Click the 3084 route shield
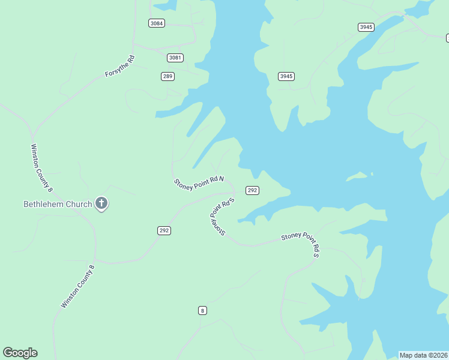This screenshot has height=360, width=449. point(157,23)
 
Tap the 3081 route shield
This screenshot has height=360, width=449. point(175,58)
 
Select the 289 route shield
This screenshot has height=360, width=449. point(167,76)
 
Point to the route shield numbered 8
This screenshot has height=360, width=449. point(203,310)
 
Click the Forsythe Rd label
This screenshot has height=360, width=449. point(120,66)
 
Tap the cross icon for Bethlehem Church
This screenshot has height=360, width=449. point(101,204)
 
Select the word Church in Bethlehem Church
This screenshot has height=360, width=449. point(79,204)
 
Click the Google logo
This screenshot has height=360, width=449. point(20,353)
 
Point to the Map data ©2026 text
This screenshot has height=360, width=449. point(424,355)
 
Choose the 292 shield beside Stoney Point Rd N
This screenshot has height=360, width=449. point(252,190)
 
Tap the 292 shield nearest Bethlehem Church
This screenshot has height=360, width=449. point(164,230)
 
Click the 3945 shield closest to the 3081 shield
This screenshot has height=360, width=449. point(286,76)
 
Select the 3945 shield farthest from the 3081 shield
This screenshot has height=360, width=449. point(366,27)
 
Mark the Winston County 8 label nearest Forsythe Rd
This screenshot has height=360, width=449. point(42,167)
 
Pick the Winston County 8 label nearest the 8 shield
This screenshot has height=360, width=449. point(77,287)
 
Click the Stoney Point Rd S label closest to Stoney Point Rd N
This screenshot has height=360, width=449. point(220,217)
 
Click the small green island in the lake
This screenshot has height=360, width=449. point(360,176)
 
